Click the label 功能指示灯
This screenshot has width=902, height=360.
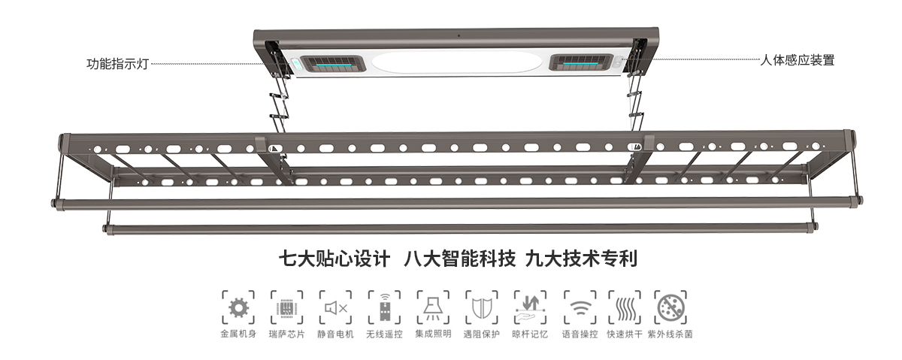[x=117, y=64]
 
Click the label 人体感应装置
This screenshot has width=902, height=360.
[x=797, y=60]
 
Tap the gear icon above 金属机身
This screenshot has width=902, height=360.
[x=238, y=308]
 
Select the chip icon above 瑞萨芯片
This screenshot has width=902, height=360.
[x=286, y=308]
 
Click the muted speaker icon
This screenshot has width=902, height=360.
[x=336, y=308]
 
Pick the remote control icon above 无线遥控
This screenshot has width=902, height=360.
[x=385, y=308]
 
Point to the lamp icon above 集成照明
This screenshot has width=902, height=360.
[x=433, y=309]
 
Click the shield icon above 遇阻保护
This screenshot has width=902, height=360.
[x=482, y=309]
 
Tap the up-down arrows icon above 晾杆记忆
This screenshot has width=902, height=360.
[x=530, y=308]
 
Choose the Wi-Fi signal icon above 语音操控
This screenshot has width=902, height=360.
[x=580, y=309]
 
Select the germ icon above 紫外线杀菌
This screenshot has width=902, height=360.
[x=670, y=308]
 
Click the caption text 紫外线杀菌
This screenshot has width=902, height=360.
[x=670, y=334]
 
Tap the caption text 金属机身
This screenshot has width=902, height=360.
[x=238, y=334]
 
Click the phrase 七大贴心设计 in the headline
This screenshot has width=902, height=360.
[x=334, y=259]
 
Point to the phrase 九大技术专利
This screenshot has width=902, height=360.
[x=582, y=259]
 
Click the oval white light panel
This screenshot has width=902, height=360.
[x=457, y=63]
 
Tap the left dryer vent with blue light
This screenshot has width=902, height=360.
[x=334, y=64]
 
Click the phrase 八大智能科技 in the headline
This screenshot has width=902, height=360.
[x=459, y=259]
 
